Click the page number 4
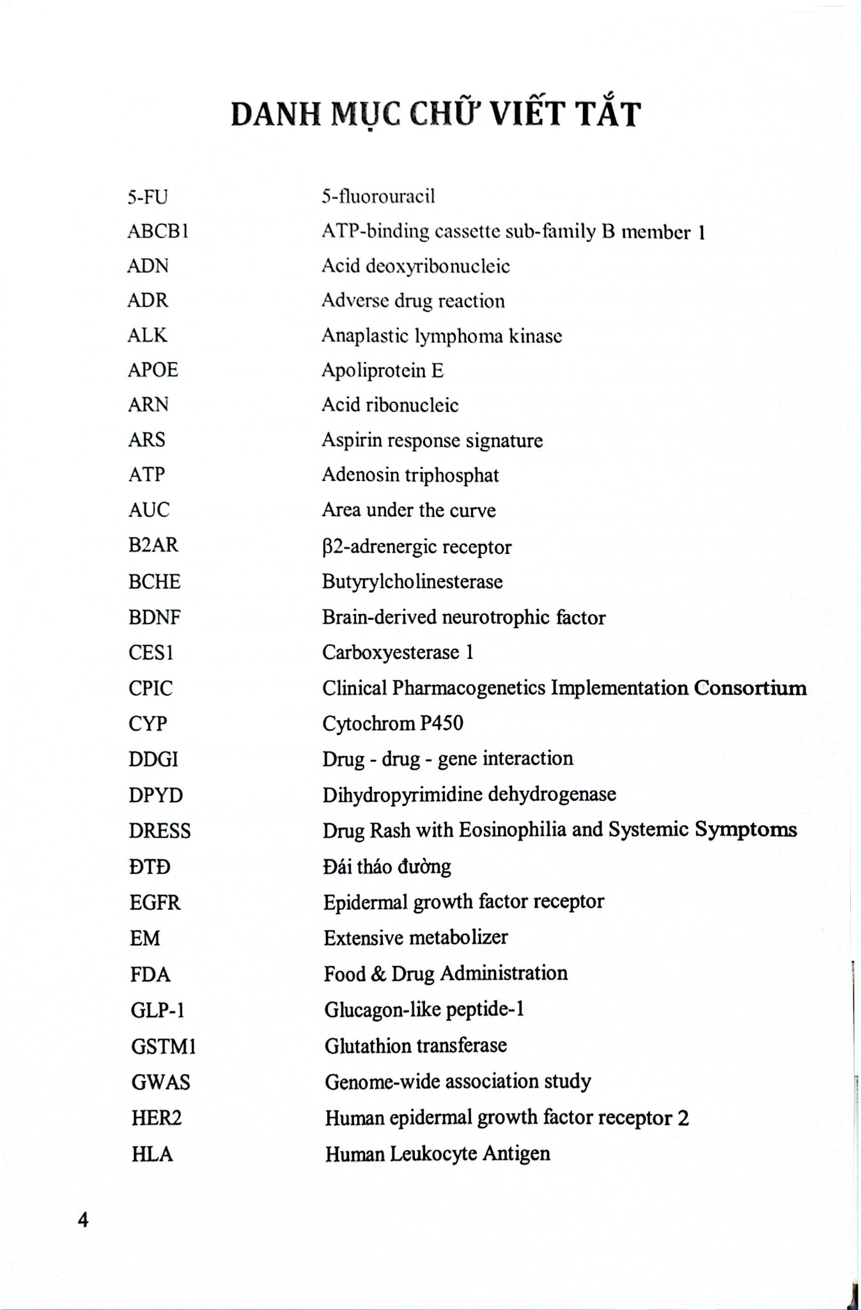tap(83, 1219)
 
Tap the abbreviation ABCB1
tap(158, 231)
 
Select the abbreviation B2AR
tap(153, 545)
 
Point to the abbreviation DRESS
tap(160, 830)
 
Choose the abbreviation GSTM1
tap(164, 1046)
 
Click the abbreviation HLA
tap(152, 1154)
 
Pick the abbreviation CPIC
tap(151, 688)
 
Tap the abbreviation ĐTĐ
tap(150, 867)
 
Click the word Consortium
tap(750, 688)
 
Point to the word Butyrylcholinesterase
tap(412, 581)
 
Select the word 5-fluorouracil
tap(378, 196)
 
